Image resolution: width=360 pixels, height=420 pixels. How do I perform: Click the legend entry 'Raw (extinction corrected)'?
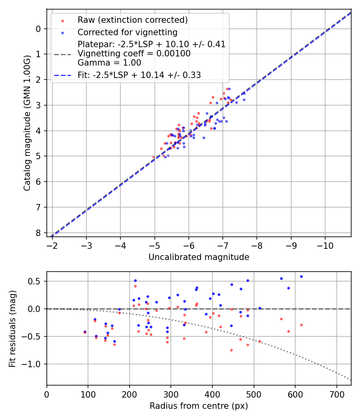point(132,20)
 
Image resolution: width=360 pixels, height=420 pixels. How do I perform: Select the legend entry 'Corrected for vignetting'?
point(127,32)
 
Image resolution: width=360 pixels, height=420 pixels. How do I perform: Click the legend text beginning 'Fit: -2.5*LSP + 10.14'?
point(139,75)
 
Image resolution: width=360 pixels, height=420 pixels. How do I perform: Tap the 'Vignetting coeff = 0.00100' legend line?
point(134,54)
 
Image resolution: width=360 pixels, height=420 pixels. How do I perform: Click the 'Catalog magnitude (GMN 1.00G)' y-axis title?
point(27,122)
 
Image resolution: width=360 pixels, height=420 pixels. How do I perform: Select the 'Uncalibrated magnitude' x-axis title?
point(199,257)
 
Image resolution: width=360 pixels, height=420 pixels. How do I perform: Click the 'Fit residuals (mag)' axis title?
point(12,328)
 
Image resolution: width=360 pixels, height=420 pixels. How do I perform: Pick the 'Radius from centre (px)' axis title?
point(199,406)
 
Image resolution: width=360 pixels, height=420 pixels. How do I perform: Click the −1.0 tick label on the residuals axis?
point(34,364)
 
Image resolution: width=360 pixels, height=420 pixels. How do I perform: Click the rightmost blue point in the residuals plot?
point(301,276)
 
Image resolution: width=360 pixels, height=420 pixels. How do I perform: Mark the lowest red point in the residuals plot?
point(231,350)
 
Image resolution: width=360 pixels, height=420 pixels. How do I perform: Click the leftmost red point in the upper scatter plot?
point(154,157)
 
